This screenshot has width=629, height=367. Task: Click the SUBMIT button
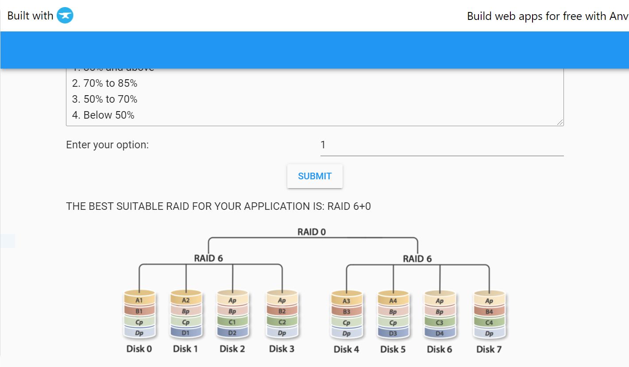coord(315,176)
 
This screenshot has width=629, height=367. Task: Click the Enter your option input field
coord(442,145)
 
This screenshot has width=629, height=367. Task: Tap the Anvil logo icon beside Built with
coord(65,16)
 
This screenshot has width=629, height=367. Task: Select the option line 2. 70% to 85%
coord(105,83)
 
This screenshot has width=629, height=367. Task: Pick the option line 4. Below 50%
coord(103,115)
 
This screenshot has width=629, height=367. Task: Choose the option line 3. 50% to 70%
coord(105,99)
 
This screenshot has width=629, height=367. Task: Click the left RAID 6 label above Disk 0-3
coord(208,259)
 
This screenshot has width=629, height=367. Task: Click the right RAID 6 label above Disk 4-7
coord(417,259)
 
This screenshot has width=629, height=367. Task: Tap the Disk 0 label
coord(139,349)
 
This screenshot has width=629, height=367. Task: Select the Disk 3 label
coord(282,349)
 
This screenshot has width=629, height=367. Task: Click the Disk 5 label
coord(393,349)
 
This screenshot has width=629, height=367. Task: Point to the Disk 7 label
coord(489,349)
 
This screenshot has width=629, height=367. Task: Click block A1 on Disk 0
coord(139,301)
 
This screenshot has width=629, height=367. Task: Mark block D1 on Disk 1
coord(186,333)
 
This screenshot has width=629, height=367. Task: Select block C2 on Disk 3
coord(282,322)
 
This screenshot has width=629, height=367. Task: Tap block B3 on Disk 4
coord(346,312)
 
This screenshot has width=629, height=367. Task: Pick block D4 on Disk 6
coord(440,333)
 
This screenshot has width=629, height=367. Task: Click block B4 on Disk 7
coord(489,312)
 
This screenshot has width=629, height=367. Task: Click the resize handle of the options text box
coord(560,123)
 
